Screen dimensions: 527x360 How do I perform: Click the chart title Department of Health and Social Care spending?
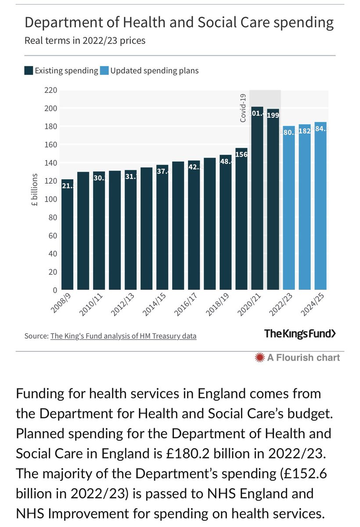[178, 23]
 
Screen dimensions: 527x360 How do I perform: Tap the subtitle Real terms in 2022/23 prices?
[85, 41]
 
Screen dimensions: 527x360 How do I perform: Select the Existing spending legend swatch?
[29, 71]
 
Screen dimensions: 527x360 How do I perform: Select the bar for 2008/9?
[68, 235]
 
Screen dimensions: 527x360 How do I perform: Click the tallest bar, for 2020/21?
[257, 198]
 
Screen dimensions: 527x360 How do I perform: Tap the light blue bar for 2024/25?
[320, 206]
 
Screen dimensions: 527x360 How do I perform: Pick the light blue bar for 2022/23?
[288, 208]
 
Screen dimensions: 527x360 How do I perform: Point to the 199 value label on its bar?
[273, 116]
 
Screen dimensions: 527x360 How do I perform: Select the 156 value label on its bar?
[241, 155]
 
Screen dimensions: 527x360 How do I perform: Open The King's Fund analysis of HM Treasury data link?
[123, 336]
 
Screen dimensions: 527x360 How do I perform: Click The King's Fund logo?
[300, 334]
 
